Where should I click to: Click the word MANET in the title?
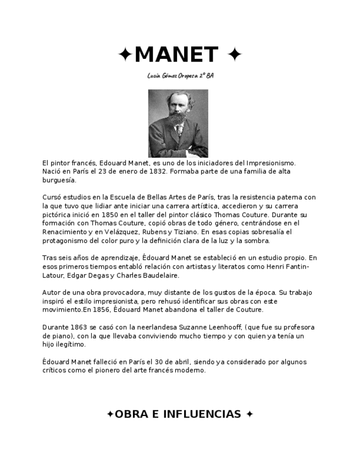point(176,54)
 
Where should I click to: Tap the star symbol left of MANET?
point(125,54)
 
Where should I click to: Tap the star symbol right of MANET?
point(234,54)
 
